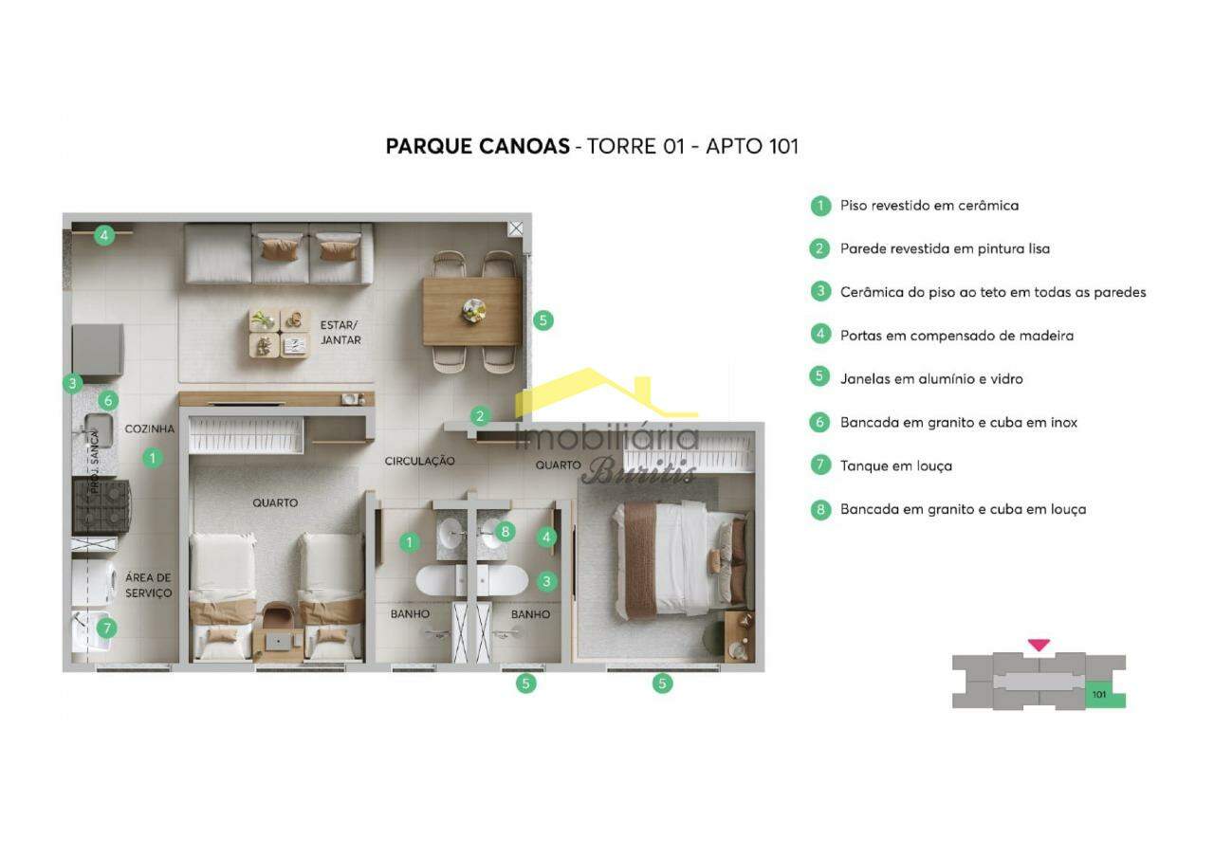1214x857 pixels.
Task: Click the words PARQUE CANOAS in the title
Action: [x=477, y=146]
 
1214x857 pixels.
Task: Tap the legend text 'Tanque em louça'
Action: [x=895, y=465]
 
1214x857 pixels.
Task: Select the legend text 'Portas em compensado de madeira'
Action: [x=956, y=335]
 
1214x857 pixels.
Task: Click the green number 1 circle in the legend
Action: [x=819, y=205]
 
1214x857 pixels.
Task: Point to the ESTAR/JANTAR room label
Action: [x=340, y=332]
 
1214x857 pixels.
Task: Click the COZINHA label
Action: [x=149, y=428]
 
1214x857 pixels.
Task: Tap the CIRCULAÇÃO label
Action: [x=419, y=461]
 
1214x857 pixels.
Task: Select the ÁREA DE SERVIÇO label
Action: [x=148, y=585]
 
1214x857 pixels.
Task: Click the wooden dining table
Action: [x=471, y=311]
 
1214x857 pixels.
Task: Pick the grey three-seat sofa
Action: [x=279, y=253]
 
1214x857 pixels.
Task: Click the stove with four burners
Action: [x=101, y=505]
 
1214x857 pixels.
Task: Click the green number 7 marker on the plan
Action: [x=107, y=628]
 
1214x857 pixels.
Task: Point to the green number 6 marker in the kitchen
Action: [x=108, y=400]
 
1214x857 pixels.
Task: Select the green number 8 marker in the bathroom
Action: [x=506, y=531]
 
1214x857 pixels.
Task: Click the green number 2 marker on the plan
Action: [x=481, y=415]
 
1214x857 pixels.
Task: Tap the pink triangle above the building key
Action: [x=1039, y=645]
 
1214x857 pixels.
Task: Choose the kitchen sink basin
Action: [x=98, y=427]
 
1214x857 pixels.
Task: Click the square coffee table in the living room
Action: [x=280, y=333]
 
